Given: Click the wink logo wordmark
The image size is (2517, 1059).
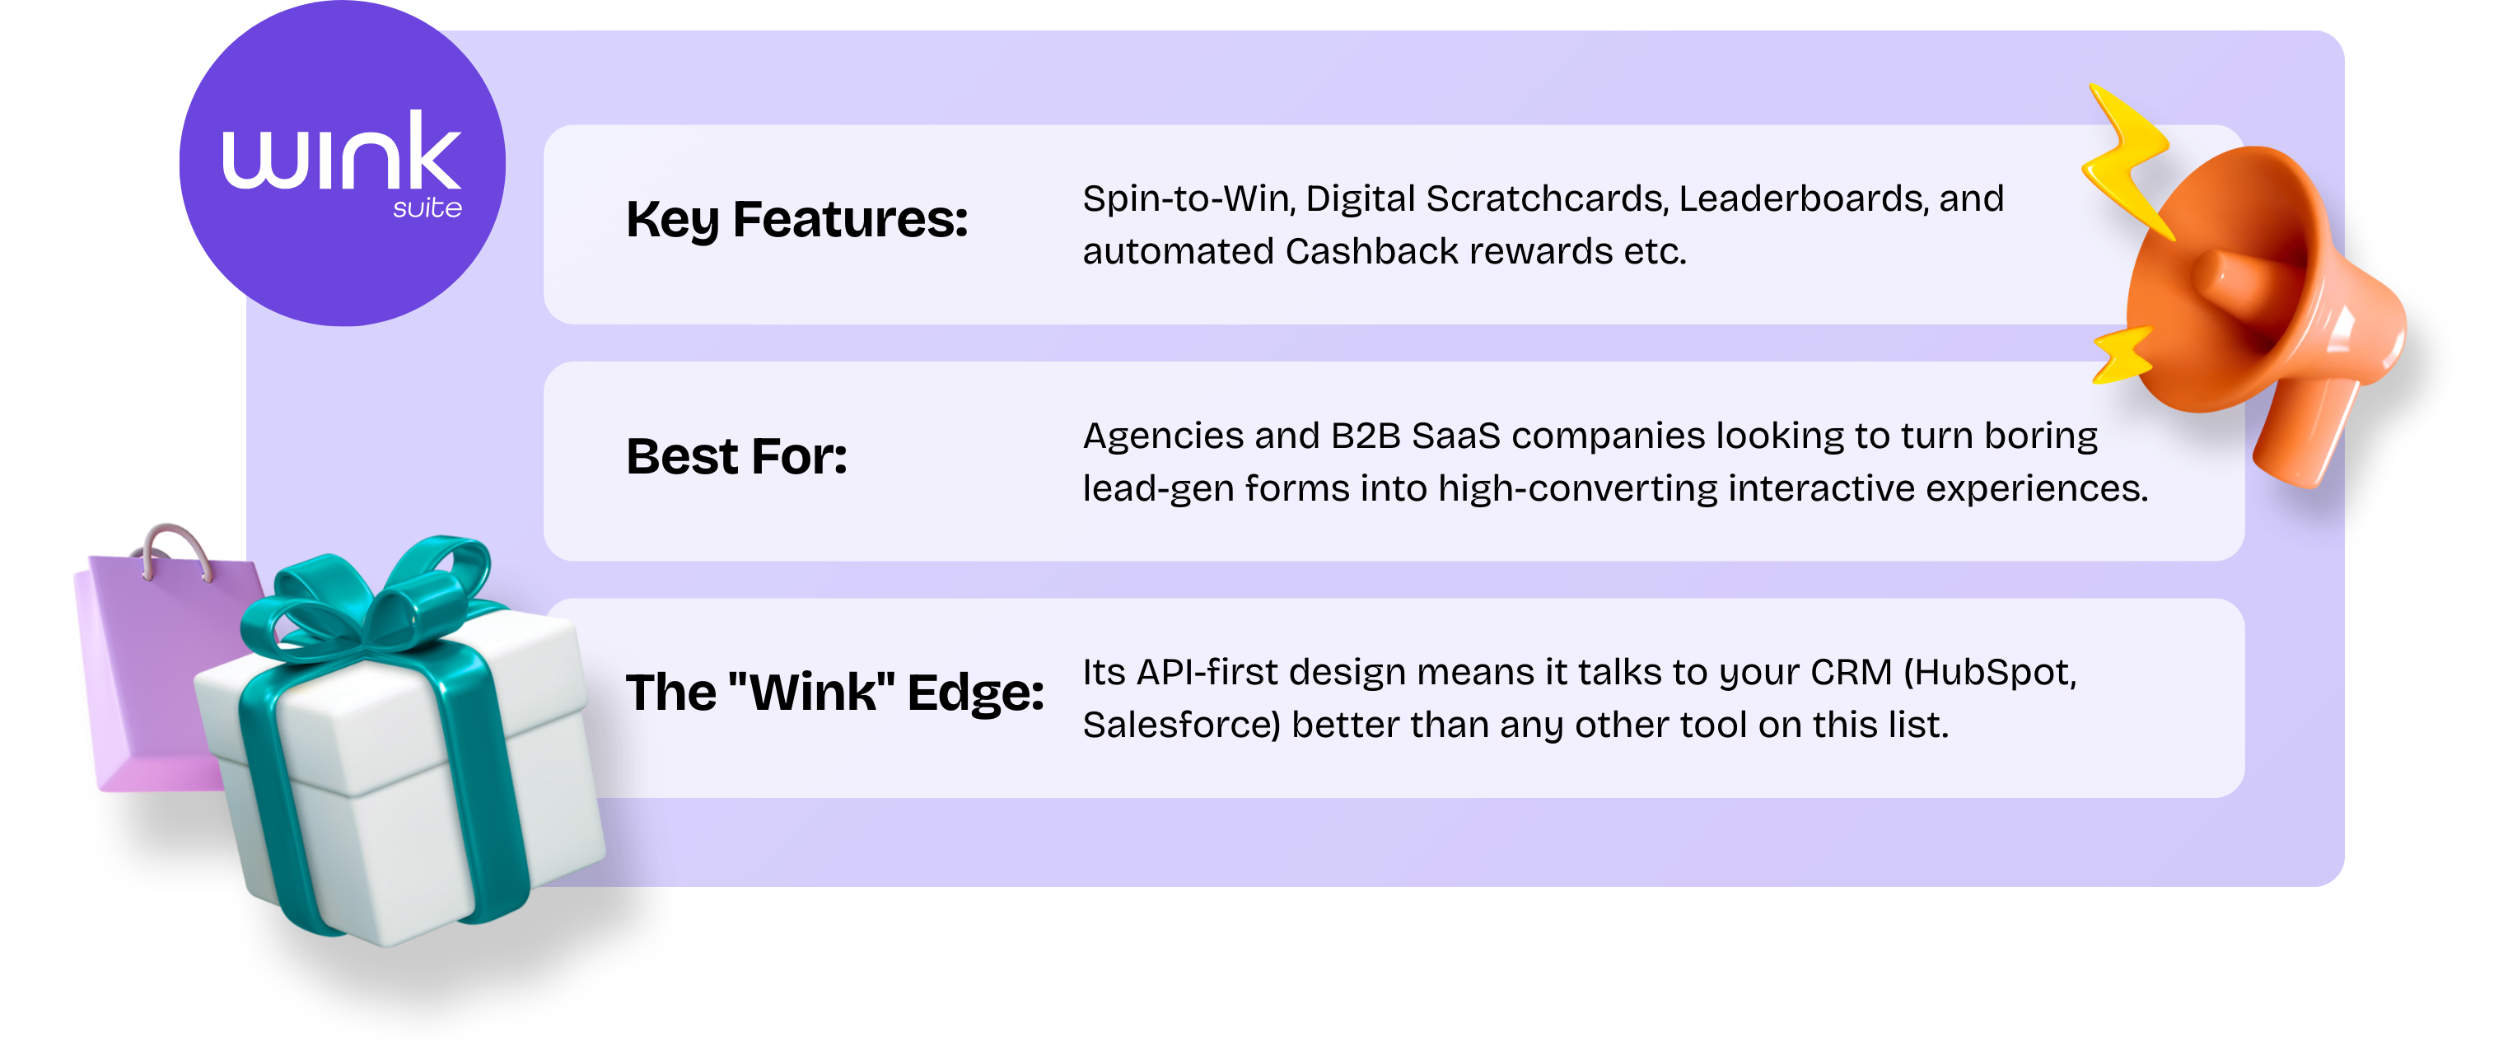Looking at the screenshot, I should pyautogui.click(x=341, y=152).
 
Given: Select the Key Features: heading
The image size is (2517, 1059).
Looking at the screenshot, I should pyautogui.click(x=796, y=220).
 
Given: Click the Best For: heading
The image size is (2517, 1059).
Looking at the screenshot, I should pyautogui.click(x=736, y=456).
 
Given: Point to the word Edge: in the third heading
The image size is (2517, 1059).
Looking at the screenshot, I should pyautogui.click(x=975, y=693).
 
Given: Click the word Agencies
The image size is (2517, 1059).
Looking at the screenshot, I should pyautogui.click(x=1163, y=436).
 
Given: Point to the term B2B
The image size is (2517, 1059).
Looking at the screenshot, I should pyautogui.click(x=1365, y=436).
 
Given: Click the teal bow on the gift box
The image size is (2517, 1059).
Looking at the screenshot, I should pyautogui.click(x=371, y=596).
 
